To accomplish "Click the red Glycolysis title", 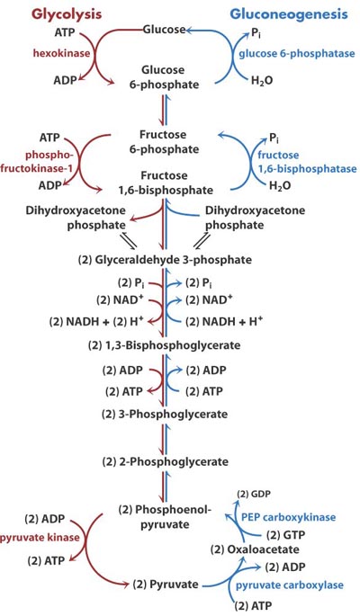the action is [67, 14].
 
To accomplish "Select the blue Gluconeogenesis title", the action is [289, 14].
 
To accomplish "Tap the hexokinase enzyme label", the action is [61, 53].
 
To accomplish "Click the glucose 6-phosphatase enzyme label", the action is [297, 53].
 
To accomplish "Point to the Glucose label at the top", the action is [164, 29].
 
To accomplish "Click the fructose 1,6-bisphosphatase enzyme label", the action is [307, 162].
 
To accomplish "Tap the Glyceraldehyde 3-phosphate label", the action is [165, 260].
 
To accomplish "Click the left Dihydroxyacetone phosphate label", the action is [76, 218].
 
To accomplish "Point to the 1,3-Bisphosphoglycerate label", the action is [165, 345].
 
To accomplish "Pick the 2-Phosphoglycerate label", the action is [165, 461].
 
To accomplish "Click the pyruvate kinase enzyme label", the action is [40, 537].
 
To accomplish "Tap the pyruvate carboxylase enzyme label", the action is [289, 585].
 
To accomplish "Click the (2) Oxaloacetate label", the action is [255, 549].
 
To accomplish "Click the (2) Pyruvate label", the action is [166, 585].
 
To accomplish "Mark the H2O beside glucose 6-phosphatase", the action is [262, 81].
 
